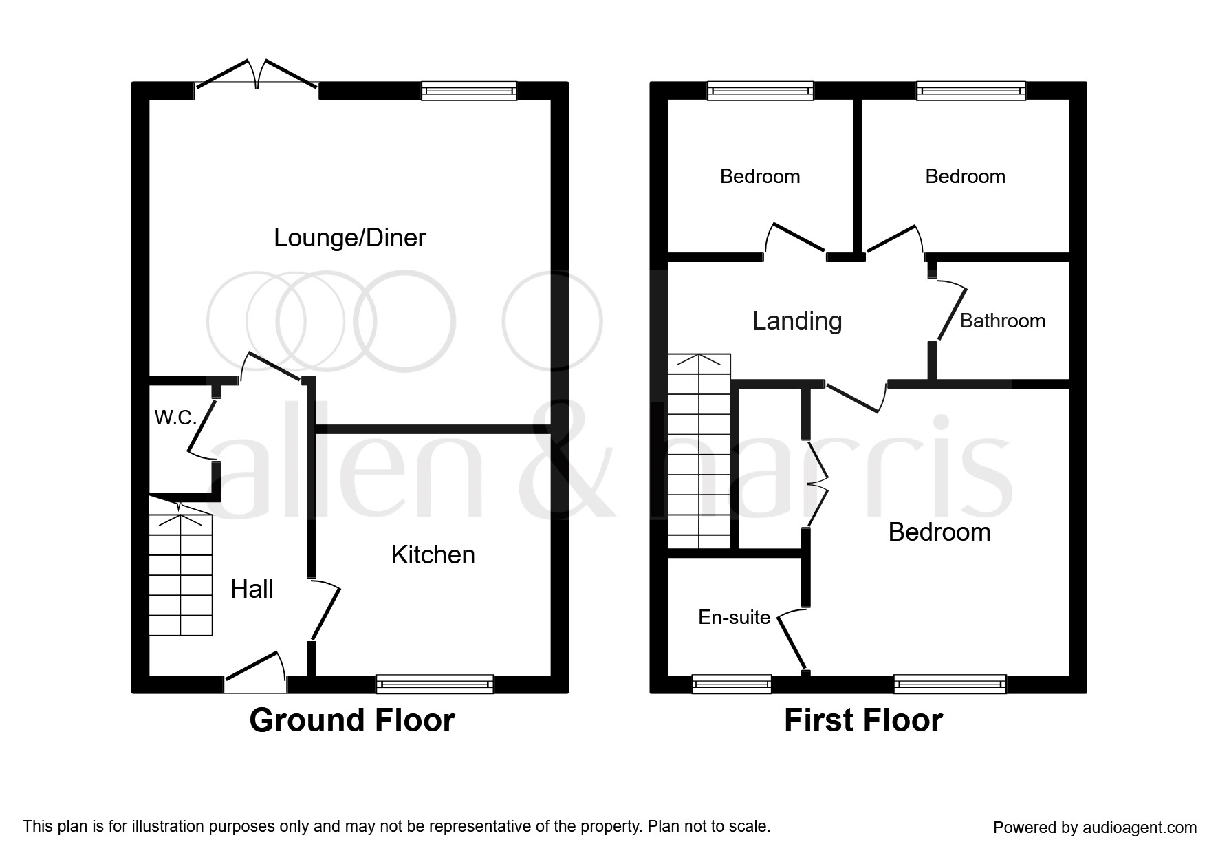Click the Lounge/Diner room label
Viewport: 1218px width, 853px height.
349,238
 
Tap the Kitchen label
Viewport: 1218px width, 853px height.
433,554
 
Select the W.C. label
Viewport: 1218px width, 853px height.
175,418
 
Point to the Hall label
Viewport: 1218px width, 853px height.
252,589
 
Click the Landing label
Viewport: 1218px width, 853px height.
797,321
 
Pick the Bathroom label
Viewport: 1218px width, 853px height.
1002,321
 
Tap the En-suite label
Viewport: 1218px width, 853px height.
734,617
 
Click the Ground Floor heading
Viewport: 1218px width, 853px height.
352,720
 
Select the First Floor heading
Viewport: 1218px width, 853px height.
863,720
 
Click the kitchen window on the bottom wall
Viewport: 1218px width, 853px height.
435,684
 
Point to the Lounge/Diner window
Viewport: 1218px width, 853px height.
469,91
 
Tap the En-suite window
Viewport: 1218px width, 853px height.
731,684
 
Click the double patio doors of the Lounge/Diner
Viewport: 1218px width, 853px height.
257,74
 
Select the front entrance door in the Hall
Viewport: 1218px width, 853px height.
255,672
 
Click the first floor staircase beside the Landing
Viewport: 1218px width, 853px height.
699,451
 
